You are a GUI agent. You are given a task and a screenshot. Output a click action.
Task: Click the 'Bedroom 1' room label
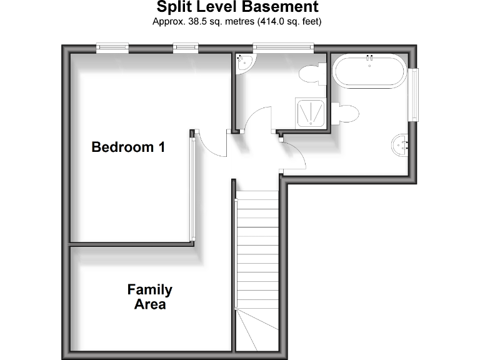click(x=129, y=147)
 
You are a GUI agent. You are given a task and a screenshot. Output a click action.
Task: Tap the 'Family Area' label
click(x=150, y=297)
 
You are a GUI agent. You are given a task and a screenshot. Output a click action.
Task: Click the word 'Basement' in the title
click(x=278, y=7)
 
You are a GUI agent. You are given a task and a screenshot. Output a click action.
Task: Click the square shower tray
click(x=311, y=114)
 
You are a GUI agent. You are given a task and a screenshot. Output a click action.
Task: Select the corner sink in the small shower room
click(x=244, y=62)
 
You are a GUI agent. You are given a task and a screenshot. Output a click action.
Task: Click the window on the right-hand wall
click(x=414, y=94)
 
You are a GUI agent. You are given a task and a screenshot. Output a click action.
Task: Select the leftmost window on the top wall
click(x=112, y=46)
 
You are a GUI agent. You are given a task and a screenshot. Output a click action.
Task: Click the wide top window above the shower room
click(x=282, y=46)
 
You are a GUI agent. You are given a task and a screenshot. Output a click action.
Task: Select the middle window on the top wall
click(x=185, y=46)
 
